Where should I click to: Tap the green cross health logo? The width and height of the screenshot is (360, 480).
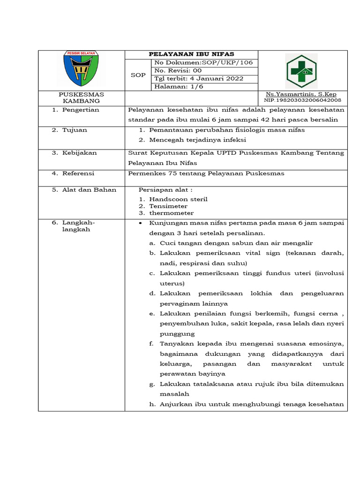tap(301, 71)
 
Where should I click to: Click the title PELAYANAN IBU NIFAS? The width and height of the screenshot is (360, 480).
tap(191, 54)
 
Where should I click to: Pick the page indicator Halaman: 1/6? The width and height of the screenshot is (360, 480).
tap(176, 87)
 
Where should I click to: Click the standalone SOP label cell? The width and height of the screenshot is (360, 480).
tap(138, 75)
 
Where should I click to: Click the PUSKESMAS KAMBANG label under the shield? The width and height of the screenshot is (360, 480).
tap(82, 97)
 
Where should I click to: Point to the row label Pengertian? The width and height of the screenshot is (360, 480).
tap(81, 110)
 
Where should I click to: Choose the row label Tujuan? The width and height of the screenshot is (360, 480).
tap(75, 130)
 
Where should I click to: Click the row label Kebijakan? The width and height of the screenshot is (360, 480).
tap(79, 153)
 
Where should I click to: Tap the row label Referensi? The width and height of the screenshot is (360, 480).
tap(78, 173)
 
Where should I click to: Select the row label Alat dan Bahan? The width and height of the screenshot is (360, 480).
tap(89, 190)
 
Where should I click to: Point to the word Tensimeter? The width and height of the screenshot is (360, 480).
tap(168, 206)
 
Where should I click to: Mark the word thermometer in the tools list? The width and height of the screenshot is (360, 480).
tap(171, 213)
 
